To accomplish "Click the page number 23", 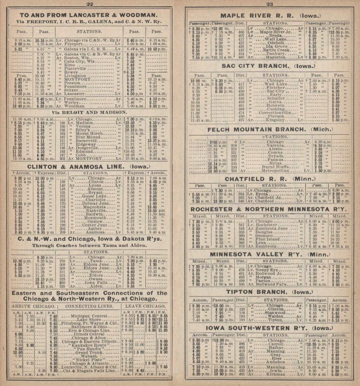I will point(269,4).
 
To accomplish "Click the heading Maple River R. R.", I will point(270,16).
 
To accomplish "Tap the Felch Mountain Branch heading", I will point(270,129).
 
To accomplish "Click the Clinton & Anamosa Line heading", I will point(88,166).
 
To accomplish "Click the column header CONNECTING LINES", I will point(90,306).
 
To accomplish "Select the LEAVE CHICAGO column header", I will point(145,306).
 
